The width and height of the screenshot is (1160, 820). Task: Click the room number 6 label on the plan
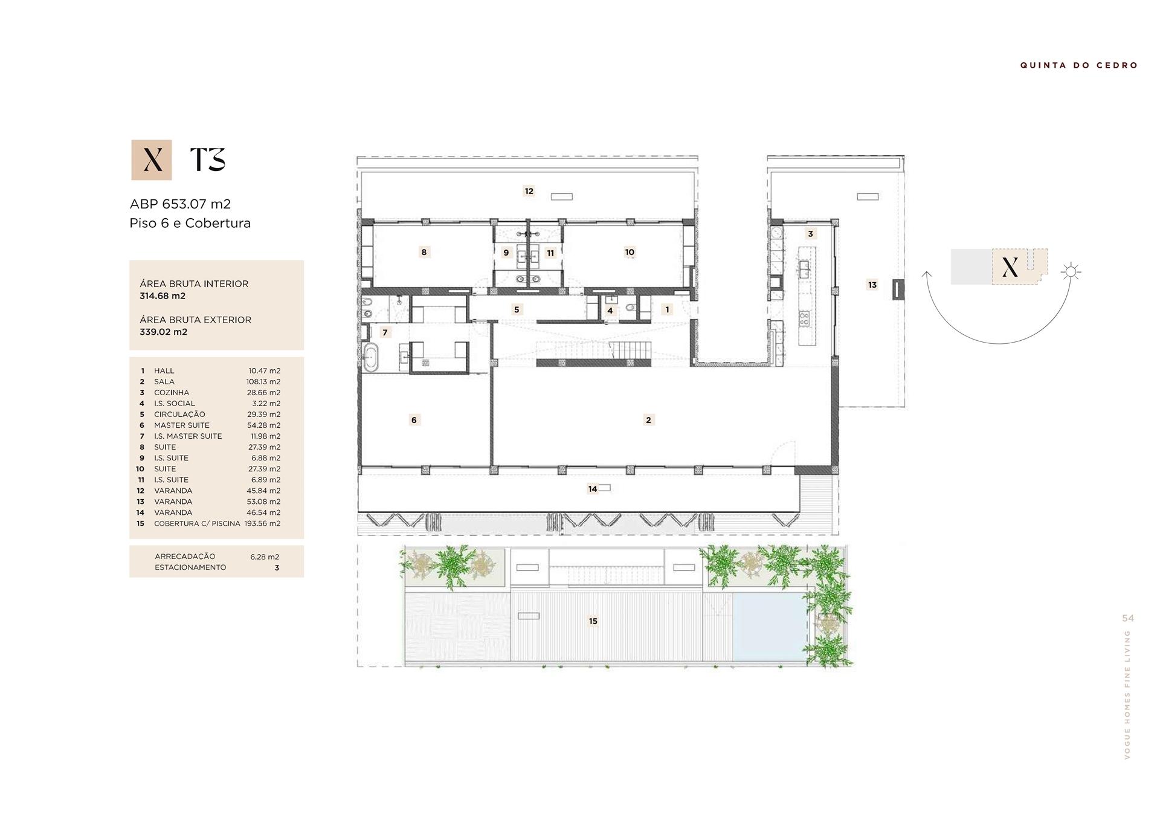click(414, 420)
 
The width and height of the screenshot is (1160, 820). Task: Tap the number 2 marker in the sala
click(648, 420)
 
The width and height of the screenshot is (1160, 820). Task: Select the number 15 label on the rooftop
click(593, 621)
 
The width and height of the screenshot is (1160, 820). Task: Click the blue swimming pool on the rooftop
click(769, 627)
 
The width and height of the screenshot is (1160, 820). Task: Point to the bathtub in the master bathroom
click(370, 357)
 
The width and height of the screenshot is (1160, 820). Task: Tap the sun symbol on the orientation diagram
click(1071, 271)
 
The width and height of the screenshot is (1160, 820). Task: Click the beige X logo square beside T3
click(152, 160)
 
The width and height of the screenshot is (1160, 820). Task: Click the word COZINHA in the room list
click(172, 393)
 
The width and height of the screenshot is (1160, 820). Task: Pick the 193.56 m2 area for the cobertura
click(262, 524)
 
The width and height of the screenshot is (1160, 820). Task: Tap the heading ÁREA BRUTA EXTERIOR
click(195, 320)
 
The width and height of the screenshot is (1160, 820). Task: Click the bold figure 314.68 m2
click(163, 296)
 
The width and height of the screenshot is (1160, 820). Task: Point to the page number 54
click(1128, 618)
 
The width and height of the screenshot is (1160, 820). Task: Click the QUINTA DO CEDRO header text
click(1079, 65)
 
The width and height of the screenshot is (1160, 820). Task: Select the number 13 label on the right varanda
click(872, 285)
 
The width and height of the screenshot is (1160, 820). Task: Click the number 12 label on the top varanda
click(529, 191)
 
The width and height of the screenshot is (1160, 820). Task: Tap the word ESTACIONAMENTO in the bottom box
click(190, 567)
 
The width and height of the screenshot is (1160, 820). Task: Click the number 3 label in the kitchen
click(810, 234)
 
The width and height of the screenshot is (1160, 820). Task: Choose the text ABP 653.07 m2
click(180, 204)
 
